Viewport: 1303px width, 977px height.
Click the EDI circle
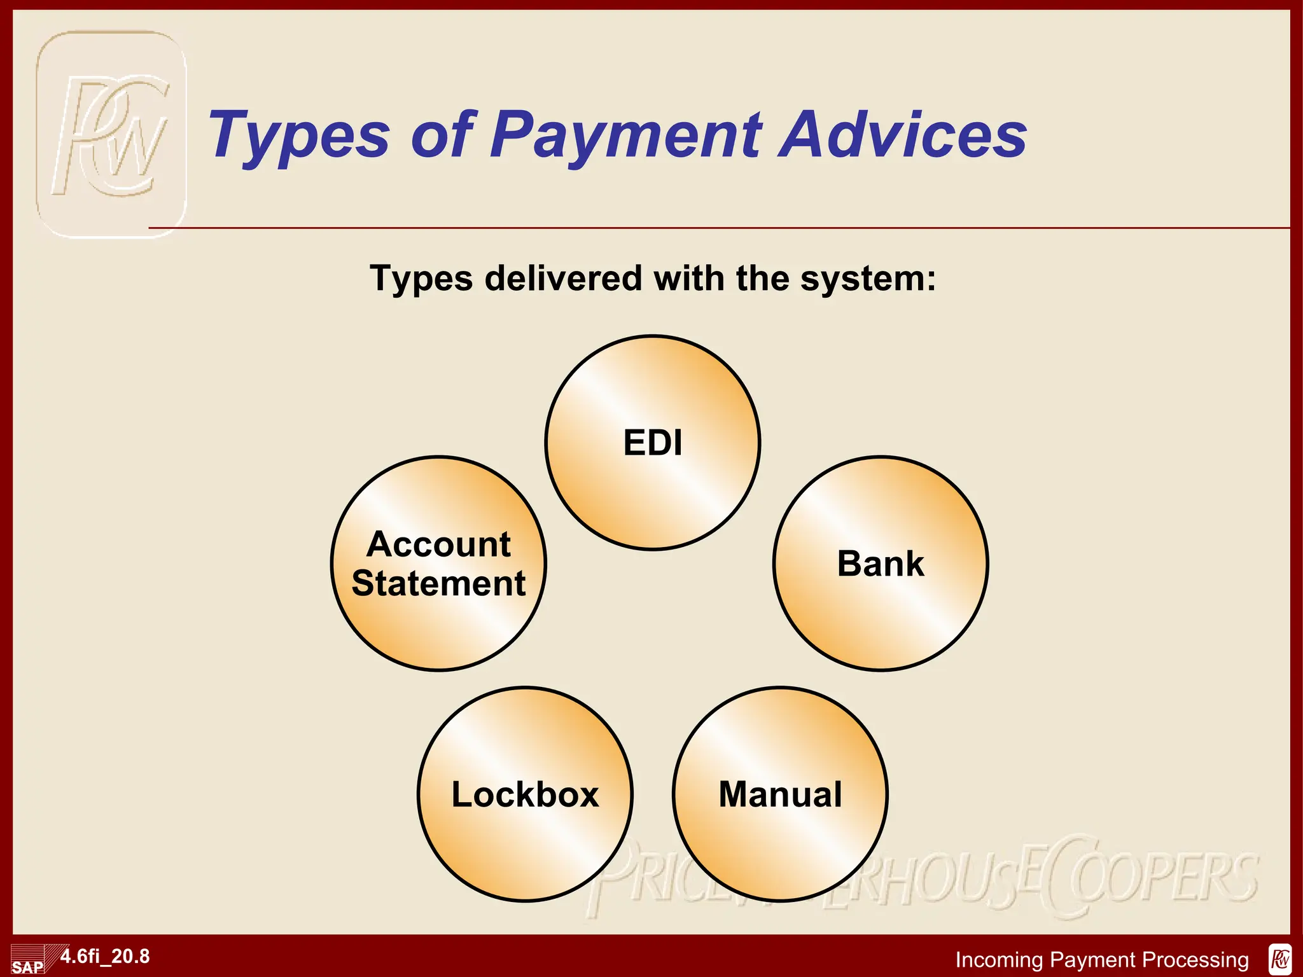tap(653, 443)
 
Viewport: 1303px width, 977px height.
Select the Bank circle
tap(881, 564)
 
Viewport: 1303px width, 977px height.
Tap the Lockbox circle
tap(526, 794)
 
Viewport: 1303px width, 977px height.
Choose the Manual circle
tap(780, 794)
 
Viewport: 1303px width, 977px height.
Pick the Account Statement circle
tap(438, 564)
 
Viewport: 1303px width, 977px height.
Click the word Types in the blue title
tap(299, 135)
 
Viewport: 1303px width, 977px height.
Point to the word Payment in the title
tap(626, 135)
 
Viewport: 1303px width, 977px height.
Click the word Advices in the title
tap(903, 135)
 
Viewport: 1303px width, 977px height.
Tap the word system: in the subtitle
tap(868, 279)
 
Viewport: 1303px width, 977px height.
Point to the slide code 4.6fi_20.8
tap(106, 956)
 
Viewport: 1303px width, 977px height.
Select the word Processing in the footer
tap(1195, 959)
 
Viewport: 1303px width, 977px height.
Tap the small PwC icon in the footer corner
tap(1280, 959)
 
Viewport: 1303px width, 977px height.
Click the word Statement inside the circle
tap(438, 583)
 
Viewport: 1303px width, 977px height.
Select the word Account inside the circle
tap(438, 544)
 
